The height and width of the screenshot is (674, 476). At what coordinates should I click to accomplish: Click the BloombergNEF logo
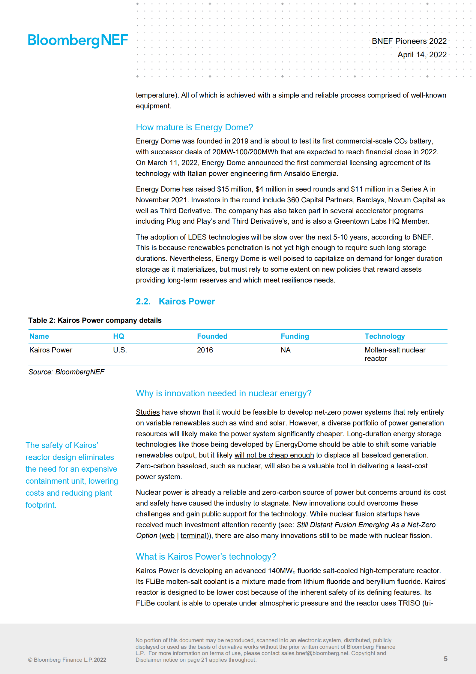coord(78,40)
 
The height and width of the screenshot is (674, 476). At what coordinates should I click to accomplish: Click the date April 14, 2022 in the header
coord(422,55)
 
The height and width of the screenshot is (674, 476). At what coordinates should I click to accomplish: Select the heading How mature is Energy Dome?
coord(194,127)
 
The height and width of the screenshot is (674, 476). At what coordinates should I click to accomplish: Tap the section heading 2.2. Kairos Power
coord(175,301)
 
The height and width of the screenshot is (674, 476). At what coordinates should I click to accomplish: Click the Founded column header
coord(212,336)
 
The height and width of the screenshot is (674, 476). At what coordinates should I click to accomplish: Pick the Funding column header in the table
coord(295,336)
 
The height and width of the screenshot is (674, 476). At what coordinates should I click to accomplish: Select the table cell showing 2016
coord(205,350)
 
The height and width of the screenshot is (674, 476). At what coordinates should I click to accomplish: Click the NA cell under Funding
coord(286,350)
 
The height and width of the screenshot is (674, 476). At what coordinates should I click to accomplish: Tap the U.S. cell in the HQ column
coord(120,350)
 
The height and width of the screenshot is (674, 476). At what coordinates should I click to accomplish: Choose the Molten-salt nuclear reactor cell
coord(395,354)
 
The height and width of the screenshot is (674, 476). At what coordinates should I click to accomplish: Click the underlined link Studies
coord(148,412)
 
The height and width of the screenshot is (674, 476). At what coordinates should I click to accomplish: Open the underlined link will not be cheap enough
coord(274,455)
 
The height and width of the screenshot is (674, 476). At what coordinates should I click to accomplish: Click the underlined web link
coord(168,536)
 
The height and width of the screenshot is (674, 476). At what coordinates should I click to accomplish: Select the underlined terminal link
coord(193,536)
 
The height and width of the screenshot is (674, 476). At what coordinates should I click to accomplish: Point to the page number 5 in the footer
coord(445,659)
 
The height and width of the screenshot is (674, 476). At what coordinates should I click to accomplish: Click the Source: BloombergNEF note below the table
coord(66,372)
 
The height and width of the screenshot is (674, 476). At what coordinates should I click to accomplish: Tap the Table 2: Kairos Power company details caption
coord(95,320)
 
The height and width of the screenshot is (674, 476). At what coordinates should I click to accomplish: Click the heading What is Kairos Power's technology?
coord(206,557)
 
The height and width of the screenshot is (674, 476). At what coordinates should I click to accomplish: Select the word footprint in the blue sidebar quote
coord(40,505)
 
